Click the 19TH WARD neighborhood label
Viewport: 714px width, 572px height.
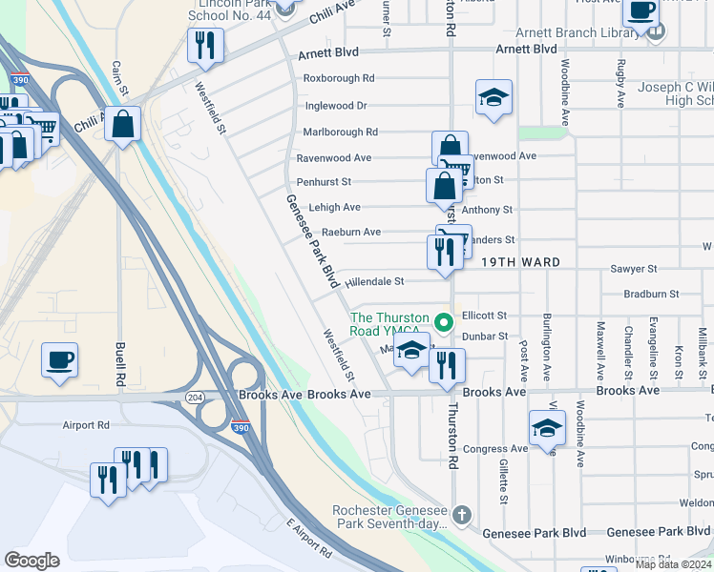click(x=519, y=262)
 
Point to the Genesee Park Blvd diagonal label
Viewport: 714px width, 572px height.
click(x=314, y=241)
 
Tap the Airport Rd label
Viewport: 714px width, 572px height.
click(x=86, y=426)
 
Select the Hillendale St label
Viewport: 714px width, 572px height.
click(x=376, y=282)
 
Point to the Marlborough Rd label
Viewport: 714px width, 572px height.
click(x=340, y=133)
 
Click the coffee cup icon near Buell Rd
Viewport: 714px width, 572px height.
click(x=59, y=360)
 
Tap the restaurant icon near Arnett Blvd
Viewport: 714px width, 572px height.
click(x=205, y=45)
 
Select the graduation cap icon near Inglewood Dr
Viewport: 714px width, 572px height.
click(x=493, y=97)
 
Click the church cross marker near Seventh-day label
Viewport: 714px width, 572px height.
click(x=462, y=516)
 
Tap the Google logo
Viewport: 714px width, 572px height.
click(x=31, y=561)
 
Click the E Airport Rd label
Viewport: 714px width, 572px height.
click(x=308, y=538)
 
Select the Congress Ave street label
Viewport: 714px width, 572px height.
click(x=494, y=449)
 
